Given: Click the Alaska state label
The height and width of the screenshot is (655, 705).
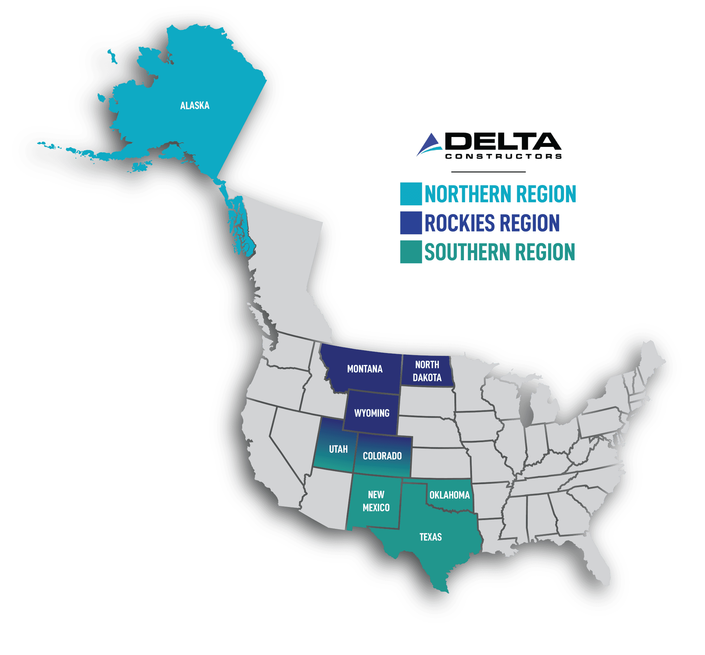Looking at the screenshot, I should tap(195, 106).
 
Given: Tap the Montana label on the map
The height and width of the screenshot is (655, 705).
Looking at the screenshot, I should tap(364, 369).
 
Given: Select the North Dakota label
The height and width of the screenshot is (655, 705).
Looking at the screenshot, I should tap(427, 371).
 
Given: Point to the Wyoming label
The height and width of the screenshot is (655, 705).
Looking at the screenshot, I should tap(372, 413).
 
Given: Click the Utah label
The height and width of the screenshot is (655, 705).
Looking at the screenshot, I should tap(338, 449).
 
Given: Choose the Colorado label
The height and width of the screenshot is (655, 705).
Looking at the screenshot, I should tap(382, 456).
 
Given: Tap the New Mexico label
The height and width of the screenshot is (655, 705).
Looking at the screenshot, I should tap(376, 501).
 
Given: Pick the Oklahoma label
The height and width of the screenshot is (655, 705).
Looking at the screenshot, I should tap(449, 495).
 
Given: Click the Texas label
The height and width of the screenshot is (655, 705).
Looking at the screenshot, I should tap(430, 537).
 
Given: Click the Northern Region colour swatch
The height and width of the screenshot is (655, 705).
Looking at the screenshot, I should tap(411, 194).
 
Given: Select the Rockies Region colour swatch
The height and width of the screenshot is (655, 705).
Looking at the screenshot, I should tap(411, 223).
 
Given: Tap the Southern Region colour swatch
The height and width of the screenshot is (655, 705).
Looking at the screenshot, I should tap(411, 252).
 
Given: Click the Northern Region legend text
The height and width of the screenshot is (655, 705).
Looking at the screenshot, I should tap(500, 194).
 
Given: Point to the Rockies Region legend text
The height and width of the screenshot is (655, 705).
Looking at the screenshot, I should tap(492, 223).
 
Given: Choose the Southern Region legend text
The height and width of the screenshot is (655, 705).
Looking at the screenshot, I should tap(499, 252).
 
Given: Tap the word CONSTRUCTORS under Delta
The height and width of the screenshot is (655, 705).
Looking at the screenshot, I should tap(503, 157).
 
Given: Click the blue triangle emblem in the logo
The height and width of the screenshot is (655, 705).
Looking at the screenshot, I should tap(429, 144).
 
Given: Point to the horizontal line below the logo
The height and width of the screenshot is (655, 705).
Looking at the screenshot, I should tap(488, 172).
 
